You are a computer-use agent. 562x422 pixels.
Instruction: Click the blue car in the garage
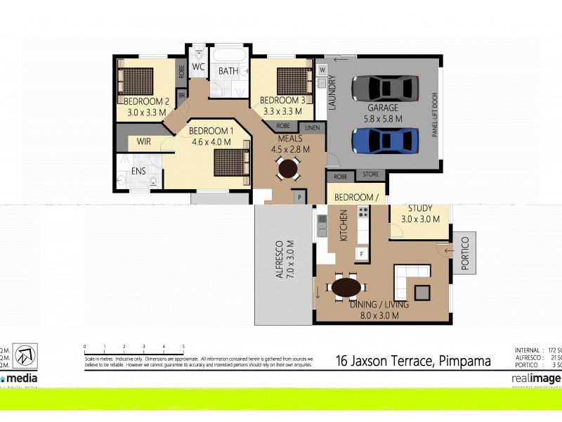coord(384,140)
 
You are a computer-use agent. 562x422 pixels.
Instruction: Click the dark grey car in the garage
coord(384,88)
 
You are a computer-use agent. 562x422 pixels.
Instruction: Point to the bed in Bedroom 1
coord(232,161)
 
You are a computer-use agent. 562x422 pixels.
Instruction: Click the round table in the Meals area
coord(287,168)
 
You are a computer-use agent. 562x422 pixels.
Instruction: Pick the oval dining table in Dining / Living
coord(346,288)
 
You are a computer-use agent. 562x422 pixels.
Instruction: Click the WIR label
coord(144,141)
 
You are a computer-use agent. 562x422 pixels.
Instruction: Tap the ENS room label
coord(139,170)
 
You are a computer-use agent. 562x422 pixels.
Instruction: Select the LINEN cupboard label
coord(311,127)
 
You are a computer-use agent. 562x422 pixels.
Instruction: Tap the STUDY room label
coord(420,208)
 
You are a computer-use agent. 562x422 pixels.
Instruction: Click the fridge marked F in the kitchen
coord(362,252)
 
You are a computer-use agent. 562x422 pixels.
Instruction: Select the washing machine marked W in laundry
coord(322,70)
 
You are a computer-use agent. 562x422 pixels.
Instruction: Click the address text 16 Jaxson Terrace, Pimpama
coord(412,362)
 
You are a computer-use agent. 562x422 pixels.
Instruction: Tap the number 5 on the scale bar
coord(183,347)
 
